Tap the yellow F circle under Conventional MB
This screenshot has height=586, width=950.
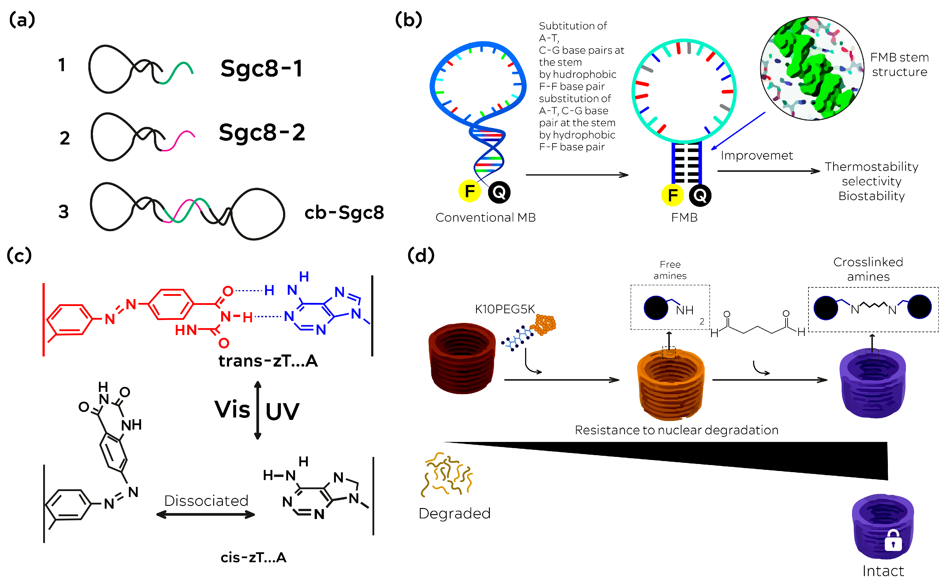tap(470, 191)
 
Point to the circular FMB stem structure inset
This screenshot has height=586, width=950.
tap(812, 69)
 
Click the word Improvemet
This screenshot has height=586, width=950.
tap(756, 155)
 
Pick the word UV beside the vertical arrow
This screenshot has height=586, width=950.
tap(282, 411)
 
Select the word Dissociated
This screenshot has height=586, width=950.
tap(206, 501)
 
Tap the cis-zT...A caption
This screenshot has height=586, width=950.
tap(253, 557)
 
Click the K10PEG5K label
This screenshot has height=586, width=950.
tap(505, 309)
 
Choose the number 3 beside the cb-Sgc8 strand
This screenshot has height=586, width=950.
tap(63, 212)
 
